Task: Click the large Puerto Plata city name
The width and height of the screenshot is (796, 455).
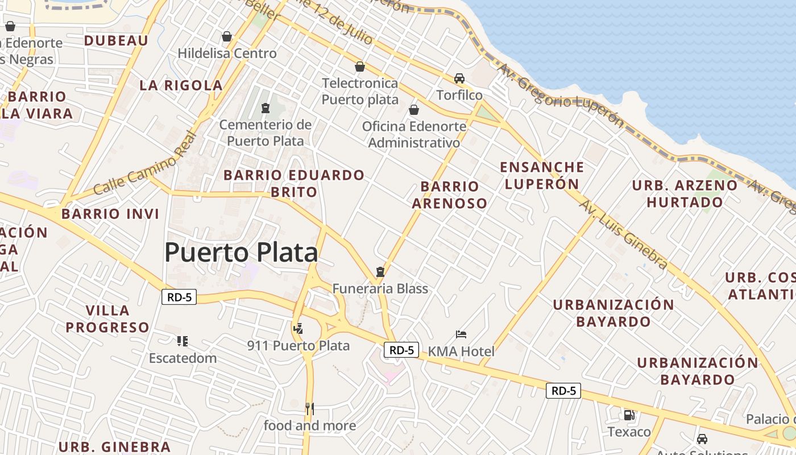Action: point(241,252)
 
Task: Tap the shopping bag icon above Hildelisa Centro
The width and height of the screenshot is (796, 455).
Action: point(227,36)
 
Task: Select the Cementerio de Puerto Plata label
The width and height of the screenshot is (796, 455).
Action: point(265,133)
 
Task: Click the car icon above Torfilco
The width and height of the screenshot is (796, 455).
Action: point(459,78)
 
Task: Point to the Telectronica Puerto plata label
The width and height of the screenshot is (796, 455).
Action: point(360,91)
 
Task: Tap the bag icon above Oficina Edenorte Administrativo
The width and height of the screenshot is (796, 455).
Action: point(414,109)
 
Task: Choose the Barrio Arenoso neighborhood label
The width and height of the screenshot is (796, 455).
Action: point(450,195)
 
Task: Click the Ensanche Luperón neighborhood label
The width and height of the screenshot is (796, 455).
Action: point(542,175)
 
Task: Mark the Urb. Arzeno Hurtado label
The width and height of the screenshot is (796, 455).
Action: point(685,193)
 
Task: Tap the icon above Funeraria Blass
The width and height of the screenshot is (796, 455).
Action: point(380,272)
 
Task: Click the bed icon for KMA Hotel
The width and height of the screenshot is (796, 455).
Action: point(461,334)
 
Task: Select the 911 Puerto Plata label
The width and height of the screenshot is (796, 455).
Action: point(298,345)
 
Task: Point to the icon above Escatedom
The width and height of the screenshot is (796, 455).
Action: point(183,341)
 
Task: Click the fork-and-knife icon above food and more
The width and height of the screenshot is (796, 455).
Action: point(309,408)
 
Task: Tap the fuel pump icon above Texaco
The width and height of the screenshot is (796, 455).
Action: point(629,415)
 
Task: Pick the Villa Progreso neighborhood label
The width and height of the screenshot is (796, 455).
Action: point(107,318)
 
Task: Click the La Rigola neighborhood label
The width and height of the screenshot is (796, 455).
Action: point(181,85)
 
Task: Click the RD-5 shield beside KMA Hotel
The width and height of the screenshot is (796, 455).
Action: point(402,350)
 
